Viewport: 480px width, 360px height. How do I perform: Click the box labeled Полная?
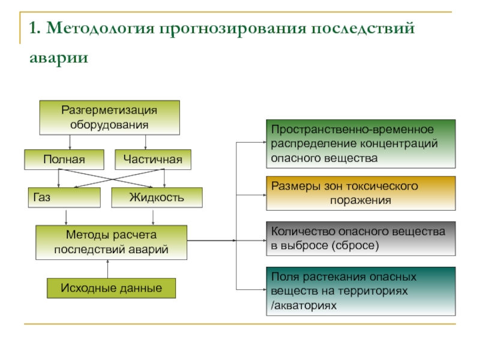[x=64, y=160]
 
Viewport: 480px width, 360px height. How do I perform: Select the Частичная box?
[x=153, y=160]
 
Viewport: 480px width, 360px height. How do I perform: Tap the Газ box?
[x=64, y=197]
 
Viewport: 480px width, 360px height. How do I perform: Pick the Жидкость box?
[x=157, y=197]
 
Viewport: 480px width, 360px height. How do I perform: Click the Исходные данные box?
[x=111, y=288]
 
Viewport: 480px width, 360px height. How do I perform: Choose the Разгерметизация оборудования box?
[x=110, y=118]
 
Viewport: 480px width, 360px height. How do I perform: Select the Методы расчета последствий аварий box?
[x=111, y=242]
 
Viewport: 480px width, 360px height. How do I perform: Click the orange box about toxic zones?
[x=361, y=193]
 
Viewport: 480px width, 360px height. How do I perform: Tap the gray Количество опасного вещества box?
[x=361, y=238]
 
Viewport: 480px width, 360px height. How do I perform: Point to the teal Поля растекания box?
[x=361, y=291]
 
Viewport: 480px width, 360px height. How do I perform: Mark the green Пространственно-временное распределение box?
[x=361, y=144]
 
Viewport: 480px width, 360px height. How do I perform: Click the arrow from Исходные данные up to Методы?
[x=108, y=269]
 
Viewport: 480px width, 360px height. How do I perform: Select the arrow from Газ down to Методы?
[x=66, y=217]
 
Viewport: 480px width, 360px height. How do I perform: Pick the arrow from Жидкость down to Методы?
[x=153, y=217]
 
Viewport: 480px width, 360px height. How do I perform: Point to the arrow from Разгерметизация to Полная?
[x=70, y=142]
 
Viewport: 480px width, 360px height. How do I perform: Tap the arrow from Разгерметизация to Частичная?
[x=145, y=142]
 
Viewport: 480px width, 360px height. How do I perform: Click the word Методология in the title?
[x=101, y=28]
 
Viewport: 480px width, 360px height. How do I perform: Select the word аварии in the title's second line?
[x=59, y=57]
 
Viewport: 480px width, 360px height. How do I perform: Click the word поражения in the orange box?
[x=361, y=200]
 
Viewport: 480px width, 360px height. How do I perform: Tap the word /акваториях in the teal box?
[x=304, y=305]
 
